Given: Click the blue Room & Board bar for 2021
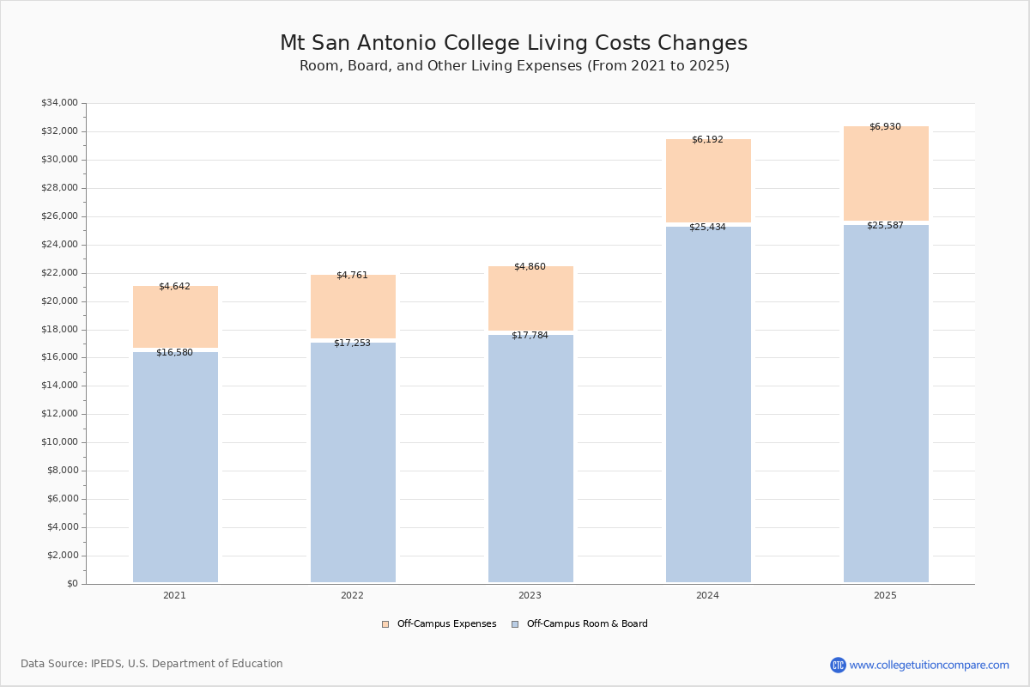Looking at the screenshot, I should pyautogui.click(x=175, y=467).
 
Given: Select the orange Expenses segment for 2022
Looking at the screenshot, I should pyautogui.click(x=353, y=307).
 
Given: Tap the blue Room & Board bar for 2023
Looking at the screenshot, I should pyautogui.click(x=530, y=459).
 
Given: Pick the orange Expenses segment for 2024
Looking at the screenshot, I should pyautogui.click(x=708, y=182).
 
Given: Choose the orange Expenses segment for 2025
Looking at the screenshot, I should pyautogui.click(x=886, y=174).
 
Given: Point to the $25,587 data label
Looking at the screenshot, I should pyautogui.click(x=885, y=226).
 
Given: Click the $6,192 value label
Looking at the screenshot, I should pyautogui.click(x=707, y=139).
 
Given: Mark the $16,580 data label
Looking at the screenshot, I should pyautogui.click(x=174, y=353).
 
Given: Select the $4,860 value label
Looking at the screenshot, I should pyautogui.click(x=530, y=267).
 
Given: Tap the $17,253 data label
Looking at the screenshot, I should pyautogui.click(x=352, y=343).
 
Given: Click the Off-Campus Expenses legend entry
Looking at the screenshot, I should pyautogui.click(x=439, y=624).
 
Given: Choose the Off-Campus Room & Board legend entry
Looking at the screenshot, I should pyautogui.click(x=580, y=624).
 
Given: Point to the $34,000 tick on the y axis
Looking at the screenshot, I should pyautogui.click(x=59, y=103).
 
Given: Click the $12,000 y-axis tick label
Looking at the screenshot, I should pyautogui.click(x=59, y=414).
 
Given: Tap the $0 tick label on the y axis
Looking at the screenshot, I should pyautogui.click(x=71, y=584).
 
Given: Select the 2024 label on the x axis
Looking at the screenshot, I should pyautogui.click(x=707, y=596).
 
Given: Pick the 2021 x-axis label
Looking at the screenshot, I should pyautogui.click(x=174, y=596).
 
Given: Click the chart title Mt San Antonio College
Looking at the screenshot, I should pyautogui.click(x=513, y=44).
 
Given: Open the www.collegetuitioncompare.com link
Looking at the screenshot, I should pyautogui.click(x=929, y=665).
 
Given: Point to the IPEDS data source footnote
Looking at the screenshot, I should pyautogui.click(x=152, y=664).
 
